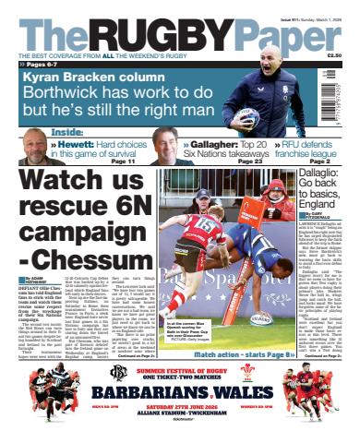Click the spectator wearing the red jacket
tap(276, 196)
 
